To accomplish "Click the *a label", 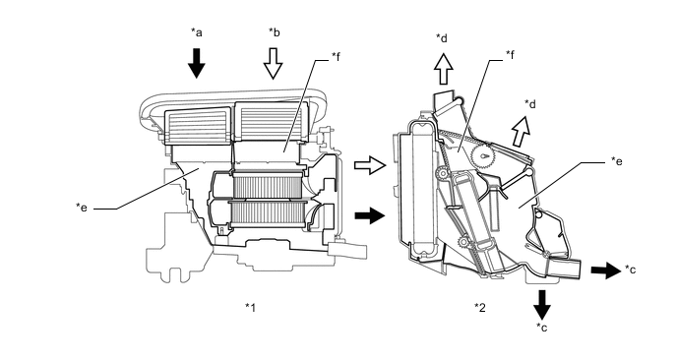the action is tap(197, 31).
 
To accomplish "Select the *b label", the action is tap(275, 31).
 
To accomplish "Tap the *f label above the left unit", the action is tap(336, 56).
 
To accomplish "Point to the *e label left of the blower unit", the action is tap(82, 208).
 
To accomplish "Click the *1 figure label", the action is tap(251, 307).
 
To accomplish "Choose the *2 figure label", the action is tap(479, 307).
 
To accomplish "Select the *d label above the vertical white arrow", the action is tap(442, 38).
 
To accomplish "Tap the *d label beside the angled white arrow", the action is tap(530, 104).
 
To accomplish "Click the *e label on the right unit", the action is tap(617, 161).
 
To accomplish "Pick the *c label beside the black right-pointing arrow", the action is tap(630, 270).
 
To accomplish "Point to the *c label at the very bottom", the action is tap(542, 328).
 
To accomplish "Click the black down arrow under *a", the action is tap(197, 64).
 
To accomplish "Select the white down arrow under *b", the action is tap(273, 64).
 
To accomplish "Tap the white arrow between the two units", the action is tap(370, 165).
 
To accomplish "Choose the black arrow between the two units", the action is tap(370, 215).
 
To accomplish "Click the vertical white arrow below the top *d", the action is tap(443, 69).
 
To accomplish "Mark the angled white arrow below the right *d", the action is tap(521, 132).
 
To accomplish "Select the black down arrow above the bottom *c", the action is tap(542, 305).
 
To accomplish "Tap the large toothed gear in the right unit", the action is tap(483, 156).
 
